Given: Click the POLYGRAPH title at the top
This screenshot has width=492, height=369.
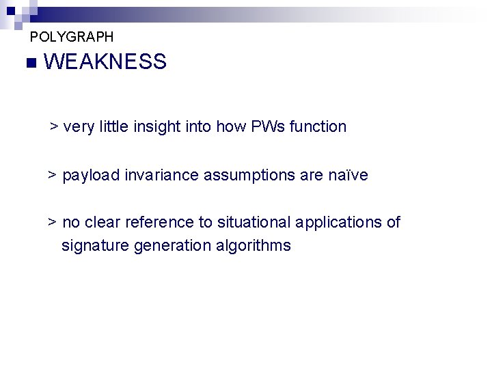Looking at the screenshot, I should click(72, 37).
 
